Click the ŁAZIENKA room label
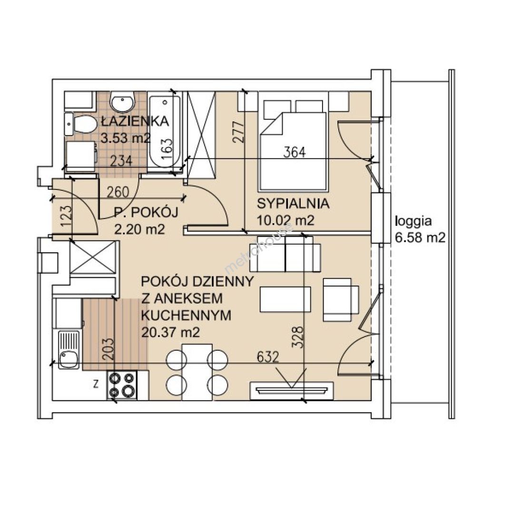(135, 121)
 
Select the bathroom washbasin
(122, 101)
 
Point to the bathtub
(165, 132)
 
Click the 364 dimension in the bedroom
(294, 152)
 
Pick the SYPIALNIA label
(293, 203)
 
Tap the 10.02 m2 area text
(286, 220)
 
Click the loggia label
(413, 221)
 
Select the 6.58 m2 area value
(420, 237)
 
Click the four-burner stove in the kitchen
(122, 385)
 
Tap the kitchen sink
(69, 349)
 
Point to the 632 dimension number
(267, 357)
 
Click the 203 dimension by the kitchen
(108, 349)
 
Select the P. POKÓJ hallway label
(146, 212)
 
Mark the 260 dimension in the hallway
(118, 192)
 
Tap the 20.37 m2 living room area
(170, 332)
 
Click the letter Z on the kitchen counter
(96, 385)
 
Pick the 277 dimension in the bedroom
(238, 132)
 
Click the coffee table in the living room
(286, 299)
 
